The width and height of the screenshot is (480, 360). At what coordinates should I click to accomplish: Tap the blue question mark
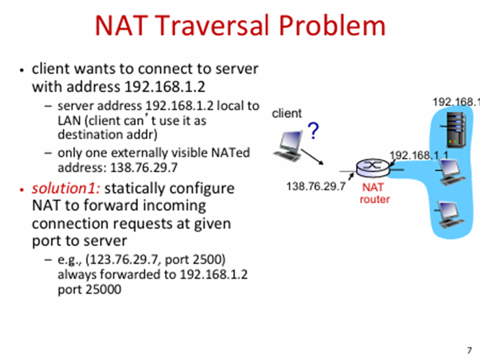click(313, 130)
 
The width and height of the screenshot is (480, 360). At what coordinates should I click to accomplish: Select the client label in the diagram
click(286, 113)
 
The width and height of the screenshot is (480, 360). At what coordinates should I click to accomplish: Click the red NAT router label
click(374, 193)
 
